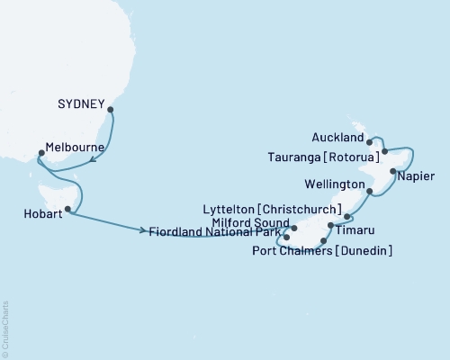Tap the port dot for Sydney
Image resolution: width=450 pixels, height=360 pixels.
click(x=111, y=111)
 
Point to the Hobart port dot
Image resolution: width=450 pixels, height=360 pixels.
click(x=67, y=209)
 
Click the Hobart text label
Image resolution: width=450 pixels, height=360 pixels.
click(x=39, y=214)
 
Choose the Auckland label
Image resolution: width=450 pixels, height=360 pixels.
click(x=338, y=139)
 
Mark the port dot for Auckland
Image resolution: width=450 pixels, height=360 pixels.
click(x=369, y=141)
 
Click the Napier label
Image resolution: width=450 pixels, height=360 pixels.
click(x=419, y=179)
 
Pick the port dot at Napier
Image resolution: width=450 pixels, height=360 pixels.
click(x=392, y=170)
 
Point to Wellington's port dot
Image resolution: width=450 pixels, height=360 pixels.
click(x=370, y=192)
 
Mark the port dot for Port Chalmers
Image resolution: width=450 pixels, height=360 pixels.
click(x=323, y=241)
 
